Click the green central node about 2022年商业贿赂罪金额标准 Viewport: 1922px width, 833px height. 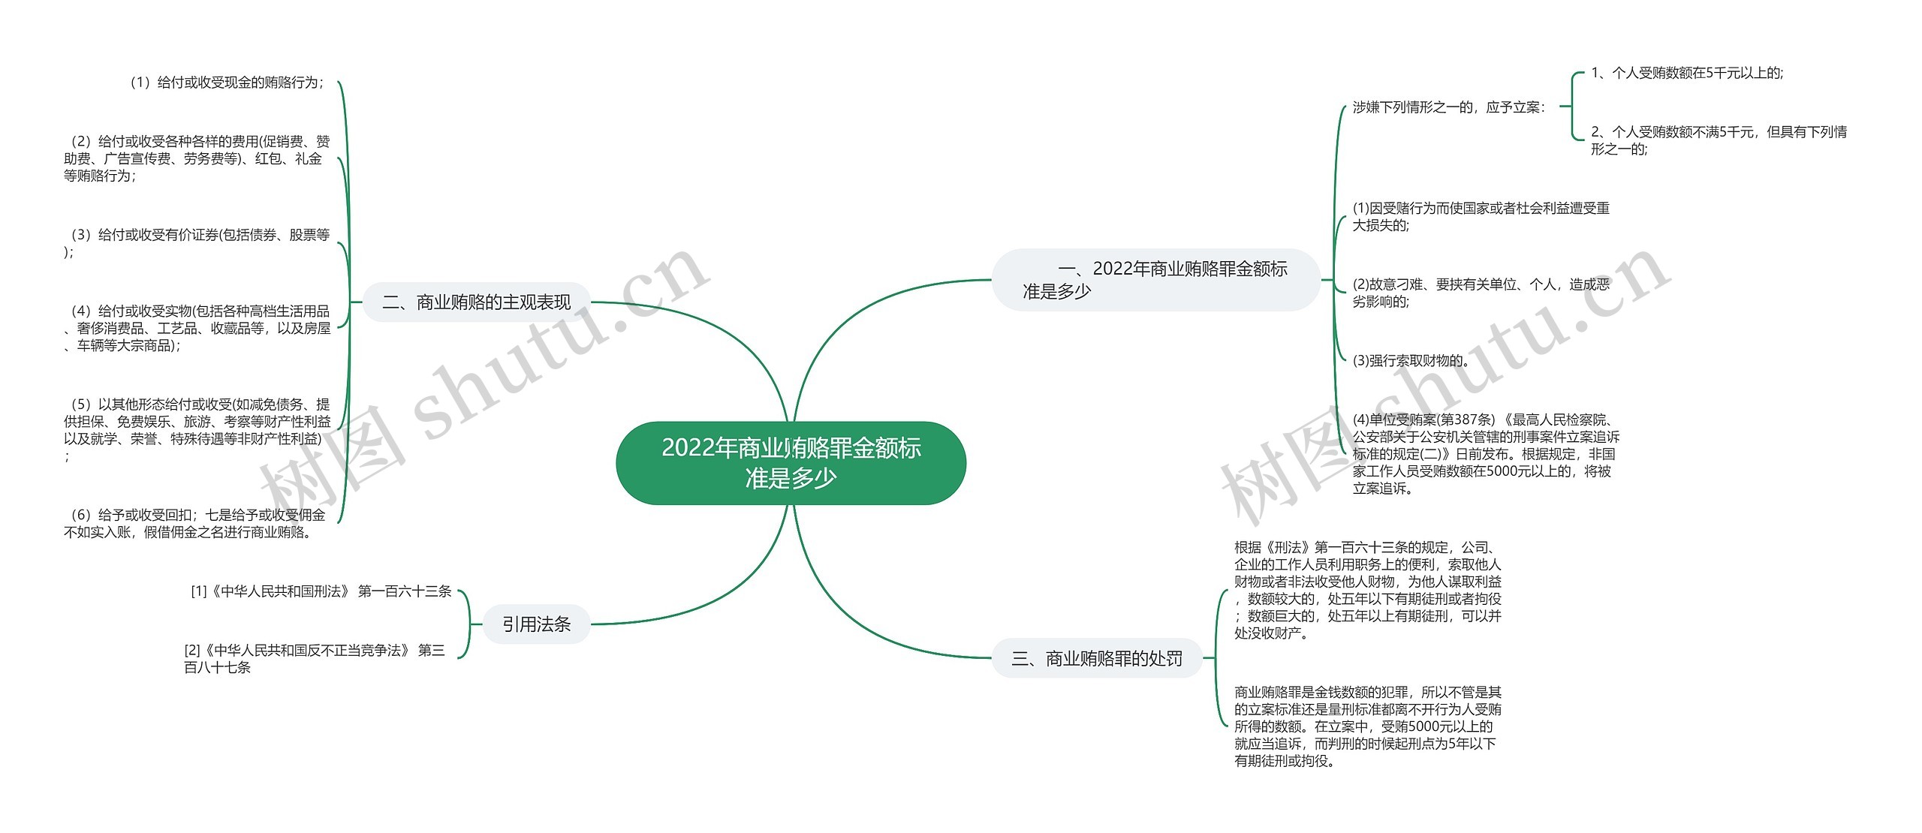(791, 462)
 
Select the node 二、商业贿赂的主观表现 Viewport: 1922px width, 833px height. (476, 302)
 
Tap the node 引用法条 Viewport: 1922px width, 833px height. (536, 624)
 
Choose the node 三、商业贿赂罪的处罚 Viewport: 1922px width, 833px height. (1097, 658)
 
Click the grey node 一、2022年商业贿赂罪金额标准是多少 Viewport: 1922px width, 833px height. (1155, 280)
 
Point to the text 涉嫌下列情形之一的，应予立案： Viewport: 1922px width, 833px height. (1449, 107)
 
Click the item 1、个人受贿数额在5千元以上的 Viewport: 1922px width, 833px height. (1686, 73)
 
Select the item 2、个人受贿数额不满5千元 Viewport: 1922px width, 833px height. (1718, 140)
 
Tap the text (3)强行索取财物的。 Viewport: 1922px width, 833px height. (1411, 360)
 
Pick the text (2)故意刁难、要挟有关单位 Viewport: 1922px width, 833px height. (1481, 293)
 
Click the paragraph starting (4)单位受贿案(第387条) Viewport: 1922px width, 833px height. (1485, 453)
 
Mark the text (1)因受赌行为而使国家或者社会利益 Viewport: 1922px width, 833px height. (1481, 216)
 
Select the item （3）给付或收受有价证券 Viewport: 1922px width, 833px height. (197, 242)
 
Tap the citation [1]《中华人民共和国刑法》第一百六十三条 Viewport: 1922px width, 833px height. (321, 591)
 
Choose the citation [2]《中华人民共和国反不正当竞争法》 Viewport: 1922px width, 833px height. (314, 658)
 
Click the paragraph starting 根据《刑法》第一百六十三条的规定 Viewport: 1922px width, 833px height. (1367, 590)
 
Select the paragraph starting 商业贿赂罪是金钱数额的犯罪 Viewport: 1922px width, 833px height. (1367, 726)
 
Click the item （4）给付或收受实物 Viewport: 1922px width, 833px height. (197, 328)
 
